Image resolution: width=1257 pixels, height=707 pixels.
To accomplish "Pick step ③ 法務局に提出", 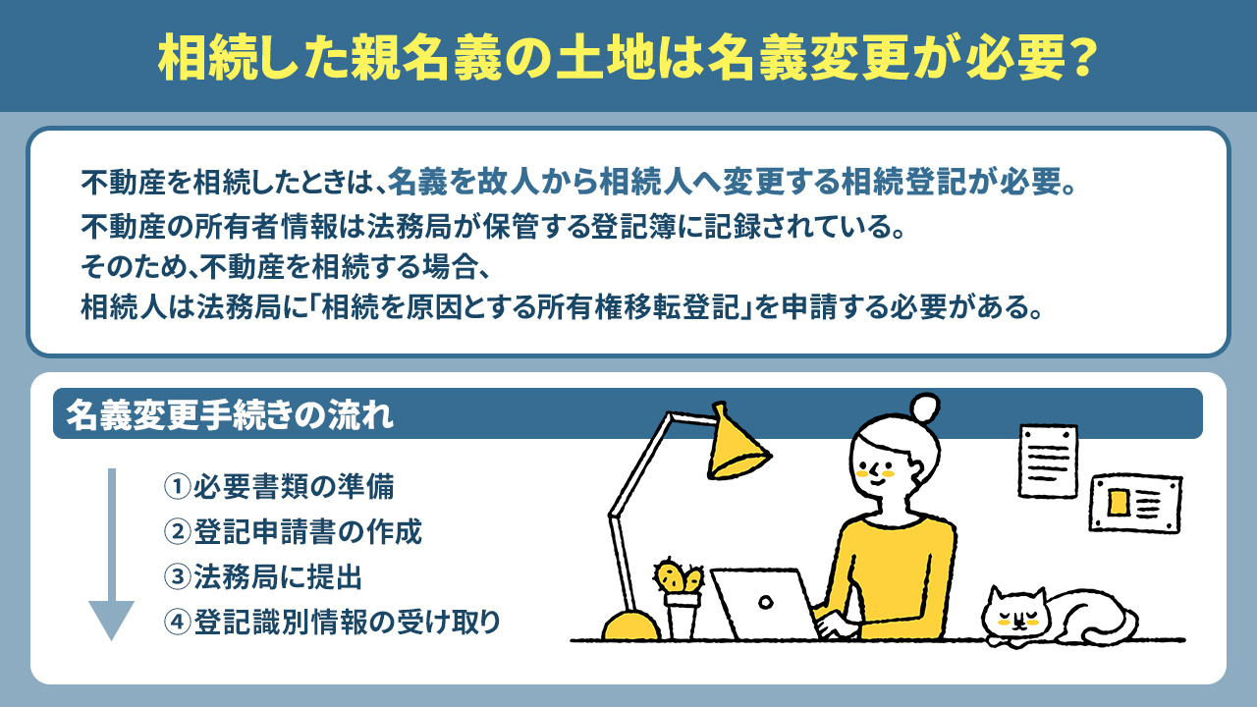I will point(263,576).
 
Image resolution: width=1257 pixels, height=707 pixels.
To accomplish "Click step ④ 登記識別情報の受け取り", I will point(332,622).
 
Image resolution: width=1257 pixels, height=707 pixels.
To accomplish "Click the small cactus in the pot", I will point(680,576).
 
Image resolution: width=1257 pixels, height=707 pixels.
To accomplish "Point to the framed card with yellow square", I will point(1136,503).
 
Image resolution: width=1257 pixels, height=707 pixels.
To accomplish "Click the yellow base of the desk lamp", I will point(629,626).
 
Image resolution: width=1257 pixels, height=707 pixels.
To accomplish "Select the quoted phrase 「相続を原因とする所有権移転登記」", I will point(580,306).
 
